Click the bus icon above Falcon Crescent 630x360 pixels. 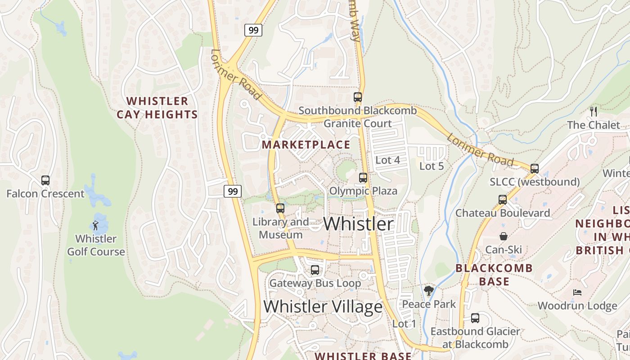click(45, 180)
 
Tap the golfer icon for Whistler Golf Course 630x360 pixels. click(95, 225)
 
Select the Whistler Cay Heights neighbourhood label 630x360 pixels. click(157, 108)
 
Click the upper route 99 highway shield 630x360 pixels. click(253, 30)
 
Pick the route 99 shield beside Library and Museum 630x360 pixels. click(233, 191)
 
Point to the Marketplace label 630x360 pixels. click(306, 144)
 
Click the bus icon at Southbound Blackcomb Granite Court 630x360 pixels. click(358, 97)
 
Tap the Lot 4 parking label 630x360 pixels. click(387, 160)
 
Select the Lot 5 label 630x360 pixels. click(432, 166)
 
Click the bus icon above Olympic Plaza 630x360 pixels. click(363, 178)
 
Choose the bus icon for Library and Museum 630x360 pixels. click(280, 208)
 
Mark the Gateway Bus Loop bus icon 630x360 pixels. click(315, 270)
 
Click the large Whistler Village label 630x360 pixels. click(323, 306)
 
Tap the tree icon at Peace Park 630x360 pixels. click(429, 291)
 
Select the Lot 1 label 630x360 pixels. click(404, 324)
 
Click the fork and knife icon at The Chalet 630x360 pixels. click(593, 111)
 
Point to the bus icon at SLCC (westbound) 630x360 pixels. click(535, 169)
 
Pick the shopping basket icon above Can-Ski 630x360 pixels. click(504, 236)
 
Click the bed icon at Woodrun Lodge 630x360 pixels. click(577, 292)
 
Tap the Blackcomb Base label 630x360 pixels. click(494, 275)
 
